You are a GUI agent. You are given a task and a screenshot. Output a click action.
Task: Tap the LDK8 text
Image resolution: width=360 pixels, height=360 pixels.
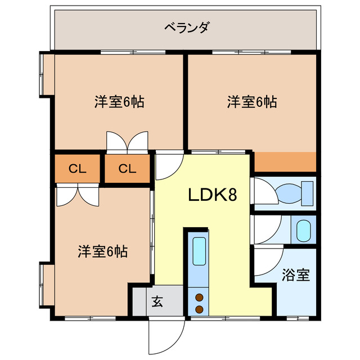[211, 195]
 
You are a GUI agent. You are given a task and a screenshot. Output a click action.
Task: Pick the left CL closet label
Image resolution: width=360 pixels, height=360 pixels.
[77, 168]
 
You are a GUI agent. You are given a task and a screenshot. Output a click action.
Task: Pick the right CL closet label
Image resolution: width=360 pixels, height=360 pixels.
[128, 168]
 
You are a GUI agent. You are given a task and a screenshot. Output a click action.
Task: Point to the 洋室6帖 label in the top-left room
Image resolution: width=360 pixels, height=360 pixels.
[119, 102]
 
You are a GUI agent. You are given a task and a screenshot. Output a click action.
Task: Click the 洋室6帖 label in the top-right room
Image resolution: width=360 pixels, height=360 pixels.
[251, 102]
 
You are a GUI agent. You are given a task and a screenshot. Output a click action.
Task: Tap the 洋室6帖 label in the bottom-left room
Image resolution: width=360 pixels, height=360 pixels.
[102, 251]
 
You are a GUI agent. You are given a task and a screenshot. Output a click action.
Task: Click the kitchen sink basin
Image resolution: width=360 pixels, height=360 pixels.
[199, 251]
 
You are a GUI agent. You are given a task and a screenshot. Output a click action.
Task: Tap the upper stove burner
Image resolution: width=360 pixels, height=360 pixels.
[199, 298]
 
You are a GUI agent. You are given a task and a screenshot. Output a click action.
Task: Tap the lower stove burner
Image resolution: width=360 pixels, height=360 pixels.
[199, 309]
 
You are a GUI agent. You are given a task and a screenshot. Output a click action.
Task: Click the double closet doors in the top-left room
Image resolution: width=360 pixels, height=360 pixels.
[127, 142]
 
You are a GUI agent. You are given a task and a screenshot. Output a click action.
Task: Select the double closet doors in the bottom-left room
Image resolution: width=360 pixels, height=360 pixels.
[78, 195]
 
